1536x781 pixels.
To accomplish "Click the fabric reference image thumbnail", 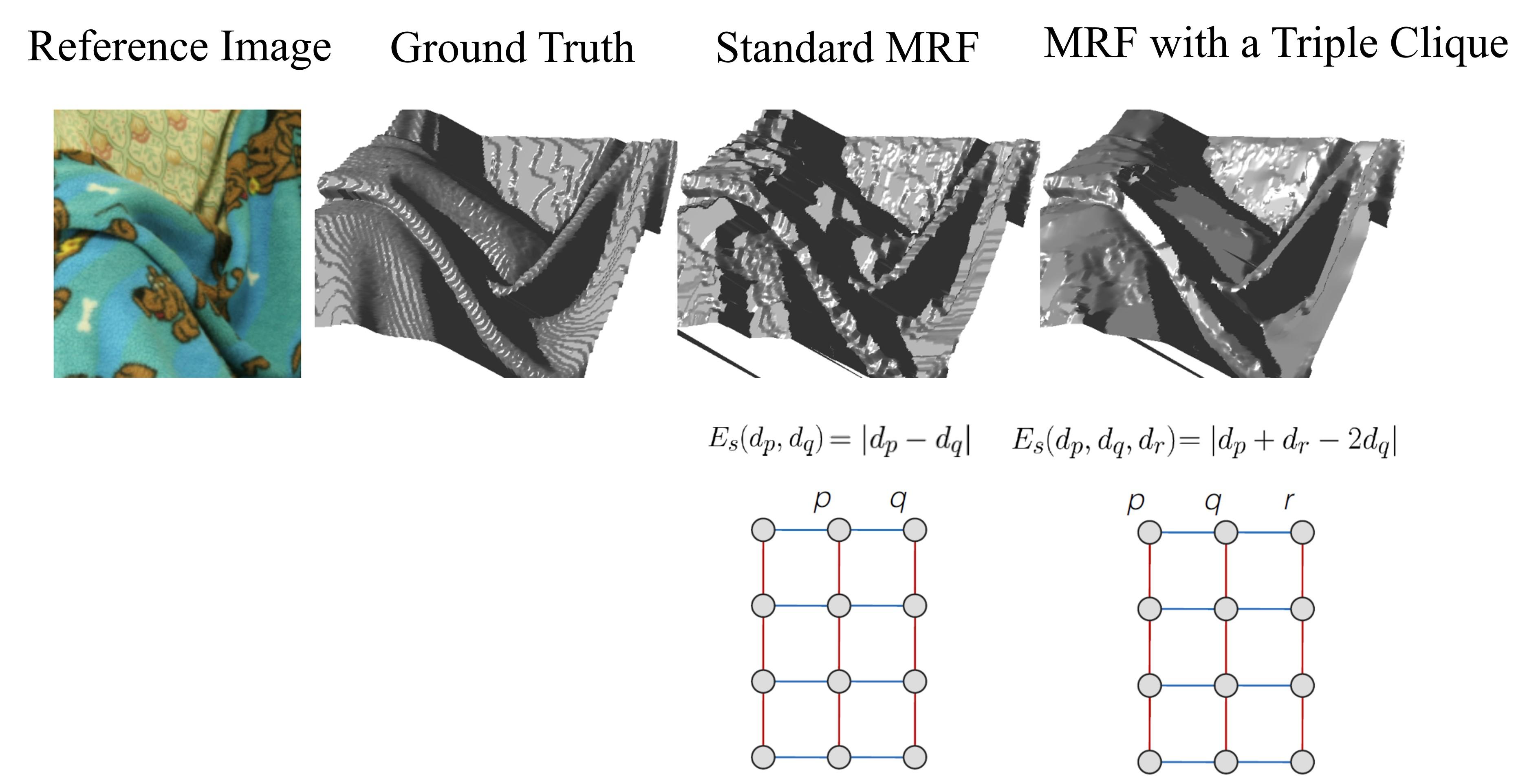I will [x=177, y=243].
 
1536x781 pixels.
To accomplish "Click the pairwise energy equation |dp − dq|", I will [x=839, y=441].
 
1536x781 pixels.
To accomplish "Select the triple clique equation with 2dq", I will [x=1205, y=441].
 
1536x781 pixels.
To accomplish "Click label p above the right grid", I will [x=1136, y=502].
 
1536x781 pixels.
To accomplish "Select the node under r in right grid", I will [x=1302, y=532].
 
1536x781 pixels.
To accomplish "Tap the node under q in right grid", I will [x=1226, y=532].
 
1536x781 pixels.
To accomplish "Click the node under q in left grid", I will [x=915, y=530].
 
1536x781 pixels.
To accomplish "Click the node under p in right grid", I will [x=1150, y=532].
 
